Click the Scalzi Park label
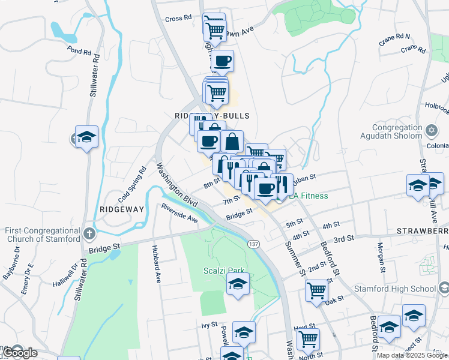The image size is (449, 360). click(x=223, y=270)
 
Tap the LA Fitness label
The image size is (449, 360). click(x=309, y=196)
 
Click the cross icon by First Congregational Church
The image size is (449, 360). click(x=89, y=233)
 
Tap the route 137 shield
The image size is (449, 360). click(x=254, y=243)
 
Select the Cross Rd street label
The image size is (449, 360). click(x=178, y=19)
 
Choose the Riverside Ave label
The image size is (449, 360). click(x=179, y=214)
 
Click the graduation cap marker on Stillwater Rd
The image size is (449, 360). click(x=86, y=137)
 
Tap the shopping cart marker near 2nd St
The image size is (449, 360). click(x=316, y=290)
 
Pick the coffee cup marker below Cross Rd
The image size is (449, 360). click(x=222, y=60)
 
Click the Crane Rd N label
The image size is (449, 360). click(x=394, y=40)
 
